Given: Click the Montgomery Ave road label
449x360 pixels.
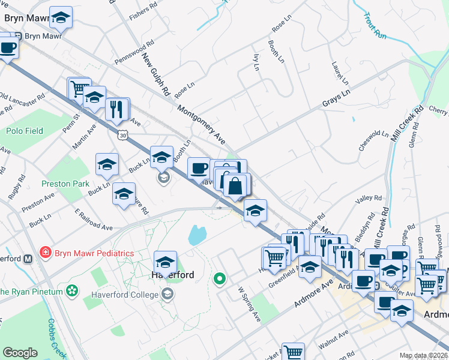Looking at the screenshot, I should (x=201, y=124).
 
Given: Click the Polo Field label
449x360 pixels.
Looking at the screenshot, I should (x=25, y=131).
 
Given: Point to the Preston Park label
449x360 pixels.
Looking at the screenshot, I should (x=65, y=184).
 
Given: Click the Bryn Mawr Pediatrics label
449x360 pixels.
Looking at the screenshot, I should (x=94, y=253).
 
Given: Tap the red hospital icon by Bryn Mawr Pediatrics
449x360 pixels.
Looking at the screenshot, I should (x=45, y=253).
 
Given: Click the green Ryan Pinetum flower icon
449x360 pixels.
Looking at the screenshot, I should (x=73, y=291).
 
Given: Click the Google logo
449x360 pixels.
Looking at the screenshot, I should (x=20, y=353).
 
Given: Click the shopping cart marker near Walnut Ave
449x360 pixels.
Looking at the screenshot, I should (x=293, y=352).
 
